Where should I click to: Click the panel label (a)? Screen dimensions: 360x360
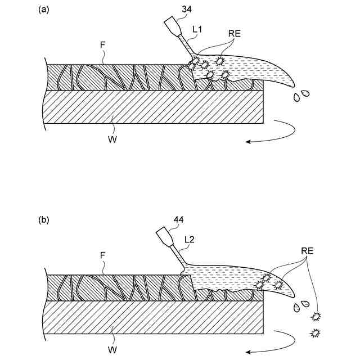(43, 10)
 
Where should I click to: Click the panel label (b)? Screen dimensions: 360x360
(43, 220)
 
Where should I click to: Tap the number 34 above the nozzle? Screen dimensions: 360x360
(187, 9)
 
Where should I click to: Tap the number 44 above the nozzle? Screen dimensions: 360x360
(179, 219)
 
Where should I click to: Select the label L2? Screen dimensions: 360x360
(190, 240)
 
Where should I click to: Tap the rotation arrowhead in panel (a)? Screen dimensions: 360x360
(248, 143)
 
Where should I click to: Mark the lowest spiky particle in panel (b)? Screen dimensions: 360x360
(313, 334)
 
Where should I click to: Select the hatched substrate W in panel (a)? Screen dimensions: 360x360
(152, 106)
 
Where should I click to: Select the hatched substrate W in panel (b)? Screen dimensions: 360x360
(152, 317)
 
